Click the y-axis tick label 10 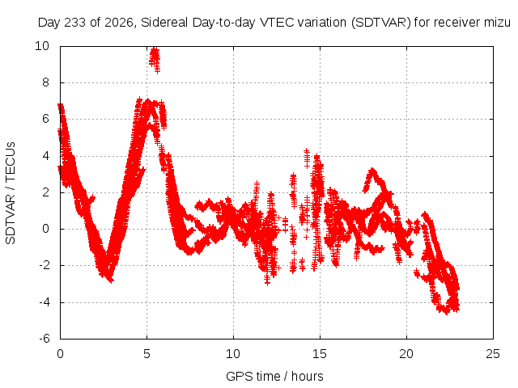pos(42,46)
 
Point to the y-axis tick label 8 pos(45,82)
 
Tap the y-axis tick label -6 pos(45,339)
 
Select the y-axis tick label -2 pos(45,266)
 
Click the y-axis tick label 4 pos(45,156)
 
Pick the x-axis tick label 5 pos(146,354)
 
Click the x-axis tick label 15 pos(320,354)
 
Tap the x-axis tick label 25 pos(493,354)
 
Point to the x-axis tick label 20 pos(406,354)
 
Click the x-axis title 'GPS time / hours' pos(274,376)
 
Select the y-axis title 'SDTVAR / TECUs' pos(11,193)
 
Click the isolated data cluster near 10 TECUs pos(155,60)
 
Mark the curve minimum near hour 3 pos(110,280)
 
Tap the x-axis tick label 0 pos(60,354)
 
